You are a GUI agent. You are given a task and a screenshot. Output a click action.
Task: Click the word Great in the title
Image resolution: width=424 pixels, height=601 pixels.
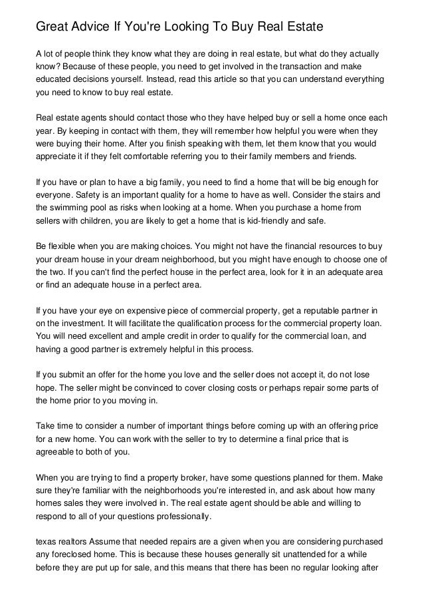53,27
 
